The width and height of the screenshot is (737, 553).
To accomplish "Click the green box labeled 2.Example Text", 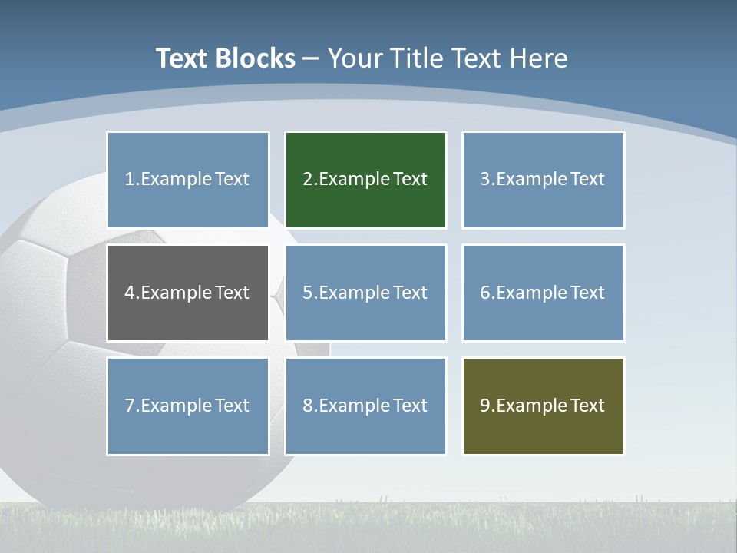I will point(365,180).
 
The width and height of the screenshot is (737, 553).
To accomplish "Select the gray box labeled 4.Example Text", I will point(187,293).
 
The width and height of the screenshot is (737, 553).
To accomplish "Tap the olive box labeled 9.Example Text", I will point(543,406).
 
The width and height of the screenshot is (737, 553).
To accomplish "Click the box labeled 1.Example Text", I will point(187,180).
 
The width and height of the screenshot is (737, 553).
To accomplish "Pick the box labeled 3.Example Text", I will point(543,180).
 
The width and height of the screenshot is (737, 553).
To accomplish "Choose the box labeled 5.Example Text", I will point(365,293).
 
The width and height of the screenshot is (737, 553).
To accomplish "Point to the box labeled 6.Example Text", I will point(543,293).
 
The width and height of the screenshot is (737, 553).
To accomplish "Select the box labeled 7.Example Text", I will point(187,406).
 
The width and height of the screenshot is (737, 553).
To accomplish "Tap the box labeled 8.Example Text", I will point(365,406).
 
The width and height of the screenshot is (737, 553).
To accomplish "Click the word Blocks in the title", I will point(255,58).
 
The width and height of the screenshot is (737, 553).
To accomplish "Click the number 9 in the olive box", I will point(485,406).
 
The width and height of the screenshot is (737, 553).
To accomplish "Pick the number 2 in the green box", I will point(307,180).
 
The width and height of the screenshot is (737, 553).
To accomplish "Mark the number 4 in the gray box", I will point(130,293).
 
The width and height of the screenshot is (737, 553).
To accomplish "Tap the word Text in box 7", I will point(232,406).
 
